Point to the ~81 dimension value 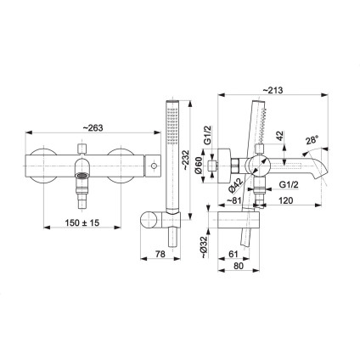[x=233, y=201]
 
